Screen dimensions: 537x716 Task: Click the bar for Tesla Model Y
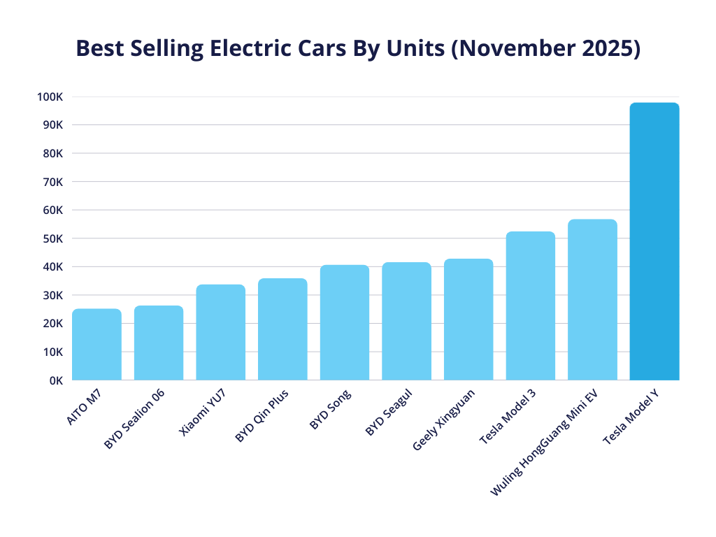[654, 241]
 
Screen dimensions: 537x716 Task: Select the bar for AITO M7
[96, 345]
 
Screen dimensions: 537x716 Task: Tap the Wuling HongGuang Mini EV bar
[592, 300]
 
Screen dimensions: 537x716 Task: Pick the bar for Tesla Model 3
[530, 306]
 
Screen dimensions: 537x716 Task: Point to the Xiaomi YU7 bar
[220, 332]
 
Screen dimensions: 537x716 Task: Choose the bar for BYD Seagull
[406, 322]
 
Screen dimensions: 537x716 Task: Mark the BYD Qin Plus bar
[282, 329]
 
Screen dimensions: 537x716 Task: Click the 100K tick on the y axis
[51, 96]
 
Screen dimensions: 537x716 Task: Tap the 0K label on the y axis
[56, 380]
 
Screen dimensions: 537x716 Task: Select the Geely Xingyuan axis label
[443, 420]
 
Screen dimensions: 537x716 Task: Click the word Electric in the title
[256, 49]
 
